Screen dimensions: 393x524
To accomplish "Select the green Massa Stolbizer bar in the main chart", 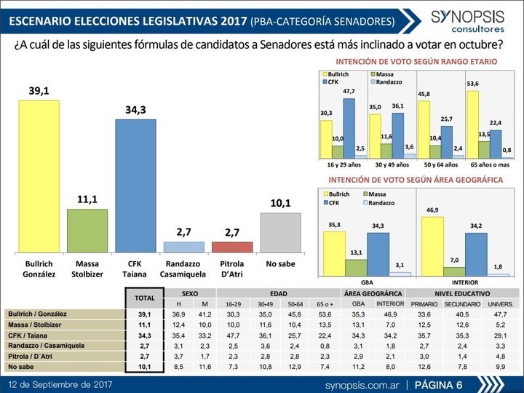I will pos(87,230).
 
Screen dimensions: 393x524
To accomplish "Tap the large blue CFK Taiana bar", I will pos(135,185).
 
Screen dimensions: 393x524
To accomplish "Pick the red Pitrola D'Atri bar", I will pos(232,246).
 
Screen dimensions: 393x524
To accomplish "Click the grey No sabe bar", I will pos(280,232).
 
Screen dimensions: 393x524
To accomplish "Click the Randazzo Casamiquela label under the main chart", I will pos(184,268).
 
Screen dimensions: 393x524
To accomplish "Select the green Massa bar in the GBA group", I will pos(356,266).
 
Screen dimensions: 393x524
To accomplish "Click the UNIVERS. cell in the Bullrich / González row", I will pos(500,313).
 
